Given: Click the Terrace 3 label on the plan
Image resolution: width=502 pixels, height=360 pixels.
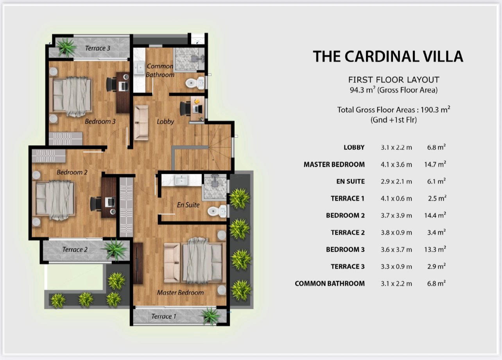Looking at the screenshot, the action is pos(98,48).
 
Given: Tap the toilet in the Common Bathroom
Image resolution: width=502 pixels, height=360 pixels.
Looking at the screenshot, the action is pos(195,83).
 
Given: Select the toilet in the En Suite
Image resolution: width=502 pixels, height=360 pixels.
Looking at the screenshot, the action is pos(217,211).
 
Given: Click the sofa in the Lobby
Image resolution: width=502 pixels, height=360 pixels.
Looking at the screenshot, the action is pos(141,123).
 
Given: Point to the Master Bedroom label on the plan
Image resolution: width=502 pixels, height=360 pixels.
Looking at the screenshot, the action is pos(180,292).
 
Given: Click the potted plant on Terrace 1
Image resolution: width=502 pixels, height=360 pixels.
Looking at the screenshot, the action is pos(211,317).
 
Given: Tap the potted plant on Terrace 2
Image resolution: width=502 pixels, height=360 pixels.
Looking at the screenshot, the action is pos(115,249).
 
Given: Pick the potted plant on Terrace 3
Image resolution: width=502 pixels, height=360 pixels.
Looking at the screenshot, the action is pos(66,47).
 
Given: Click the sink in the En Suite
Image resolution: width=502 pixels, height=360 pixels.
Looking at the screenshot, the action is pos(181,180).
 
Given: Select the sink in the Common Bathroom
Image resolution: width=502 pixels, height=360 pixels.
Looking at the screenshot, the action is pos(139,67).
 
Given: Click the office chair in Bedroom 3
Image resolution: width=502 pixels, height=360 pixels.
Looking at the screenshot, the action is pos(111,85).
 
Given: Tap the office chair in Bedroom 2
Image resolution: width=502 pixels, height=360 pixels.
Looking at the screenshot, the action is pos(96,203).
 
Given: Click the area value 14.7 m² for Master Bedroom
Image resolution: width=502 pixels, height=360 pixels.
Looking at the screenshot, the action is pos(435,164).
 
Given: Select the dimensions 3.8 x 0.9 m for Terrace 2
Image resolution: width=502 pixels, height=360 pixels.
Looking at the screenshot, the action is pos(396,232).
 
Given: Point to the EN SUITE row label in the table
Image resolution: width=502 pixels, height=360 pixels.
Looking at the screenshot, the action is pos(351,182).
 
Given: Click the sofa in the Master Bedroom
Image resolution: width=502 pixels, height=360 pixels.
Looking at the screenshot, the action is pos(172,263).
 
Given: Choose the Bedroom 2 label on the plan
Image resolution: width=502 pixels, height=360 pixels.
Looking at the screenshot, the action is pos(72,172).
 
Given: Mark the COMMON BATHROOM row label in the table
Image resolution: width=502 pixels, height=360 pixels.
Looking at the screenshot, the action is pos(330,284).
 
